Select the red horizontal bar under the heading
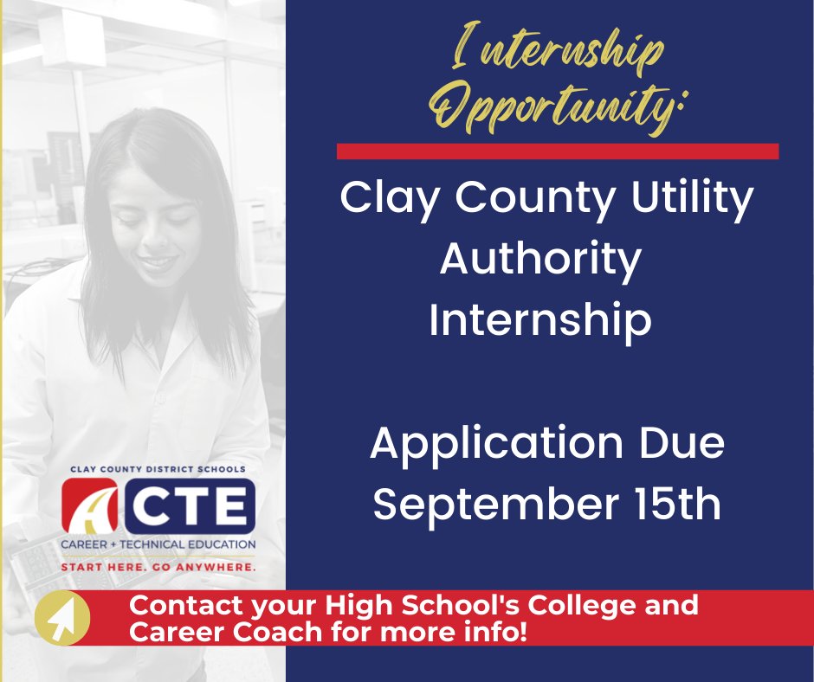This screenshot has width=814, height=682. coord(557,151)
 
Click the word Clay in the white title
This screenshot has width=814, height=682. coord(387,199)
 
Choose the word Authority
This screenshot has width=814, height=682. coord(540,259)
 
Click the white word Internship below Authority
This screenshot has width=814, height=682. coord(540,319)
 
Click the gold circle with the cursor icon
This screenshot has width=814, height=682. coord(61,618)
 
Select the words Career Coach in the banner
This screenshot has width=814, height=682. coord(224,632)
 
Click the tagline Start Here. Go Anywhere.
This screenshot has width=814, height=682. coord(158,568)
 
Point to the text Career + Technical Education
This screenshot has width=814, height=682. coord(158,544)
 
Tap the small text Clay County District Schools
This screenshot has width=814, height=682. coord(158,469)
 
